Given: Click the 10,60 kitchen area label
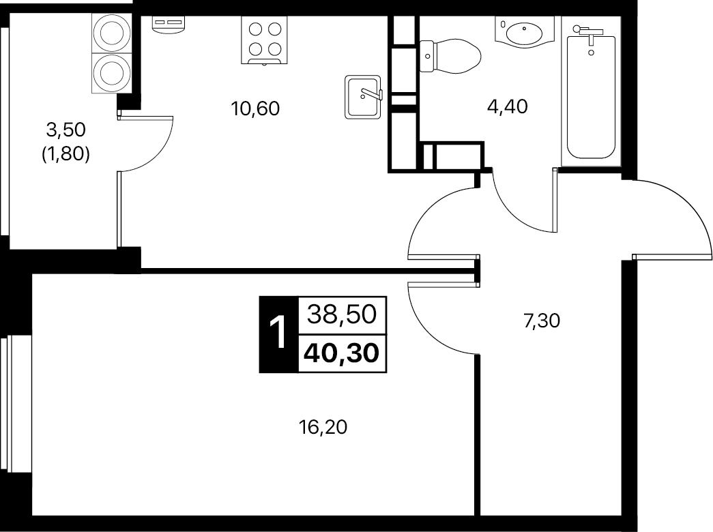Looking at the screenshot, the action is pos(255,108).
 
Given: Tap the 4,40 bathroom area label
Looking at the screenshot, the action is pos(507,106).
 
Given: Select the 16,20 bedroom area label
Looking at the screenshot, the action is pos(323,427).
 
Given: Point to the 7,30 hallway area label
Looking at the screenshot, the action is pos(542,321).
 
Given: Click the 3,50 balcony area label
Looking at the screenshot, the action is pos(66,130).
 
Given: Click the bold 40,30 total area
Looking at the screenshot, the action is pos(342,353).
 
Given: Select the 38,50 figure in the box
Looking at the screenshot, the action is pos(342,314).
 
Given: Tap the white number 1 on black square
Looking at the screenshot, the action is pos(278,334).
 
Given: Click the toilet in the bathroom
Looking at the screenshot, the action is pos(450,56).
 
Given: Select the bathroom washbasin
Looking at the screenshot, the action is pos(524,32).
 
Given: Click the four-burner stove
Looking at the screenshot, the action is pos(264,40).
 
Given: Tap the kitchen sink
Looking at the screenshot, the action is pos(363,98).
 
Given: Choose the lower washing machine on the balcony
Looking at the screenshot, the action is pos(111,73).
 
